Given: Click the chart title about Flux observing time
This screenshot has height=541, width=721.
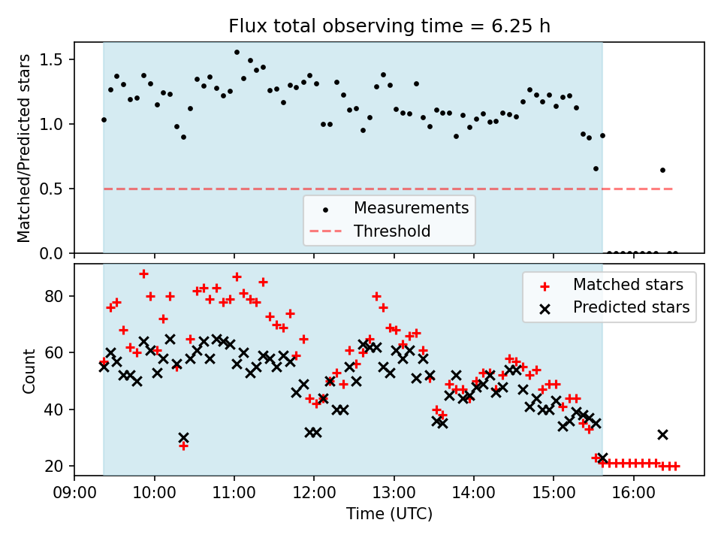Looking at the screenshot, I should pyautogui.click(x=389, y=26).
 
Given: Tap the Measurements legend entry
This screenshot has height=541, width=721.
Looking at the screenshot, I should pyautogui.click(x=411, y=207).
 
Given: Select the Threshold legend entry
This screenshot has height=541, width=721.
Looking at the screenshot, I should pyautogui.click(x=392, y=231).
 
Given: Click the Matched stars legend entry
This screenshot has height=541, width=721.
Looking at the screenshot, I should pyautogui.click(x=628, y=285).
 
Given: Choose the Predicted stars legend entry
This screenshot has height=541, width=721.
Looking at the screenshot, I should pyautogui.click(x=631, y=307).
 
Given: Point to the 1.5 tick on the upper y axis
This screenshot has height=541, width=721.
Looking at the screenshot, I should pyautogui.click(x=57, y=59).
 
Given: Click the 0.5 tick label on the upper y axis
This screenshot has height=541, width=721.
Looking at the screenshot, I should pyautogui.click(x=57, y=189).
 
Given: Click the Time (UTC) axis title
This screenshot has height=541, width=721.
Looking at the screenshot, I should pyautogui.click(x=389, y=515).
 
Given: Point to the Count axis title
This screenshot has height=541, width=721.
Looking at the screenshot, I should pyautogui.click(x=29, y=370).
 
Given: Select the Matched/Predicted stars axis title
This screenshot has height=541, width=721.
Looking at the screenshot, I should pyautogui.click(x=25, y=148).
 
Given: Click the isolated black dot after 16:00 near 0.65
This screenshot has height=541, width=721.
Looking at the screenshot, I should pyautogui.click(x=662, y=170).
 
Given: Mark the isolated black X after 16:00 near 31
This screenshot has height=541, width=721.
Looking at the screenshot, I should pyautogui.click(x=662, y=434).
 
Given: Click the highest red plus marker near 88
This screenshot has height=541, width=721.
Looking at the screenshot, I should pyautogui.click(x=143, y=274).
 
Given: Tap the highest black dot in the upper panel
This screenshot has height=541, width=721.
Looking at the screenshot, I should pyautogui.click(x=237, y=53).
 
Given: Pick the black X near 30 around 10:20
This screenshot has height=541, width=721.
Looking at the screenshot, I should pyautogui.click(x=183, y=437).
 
